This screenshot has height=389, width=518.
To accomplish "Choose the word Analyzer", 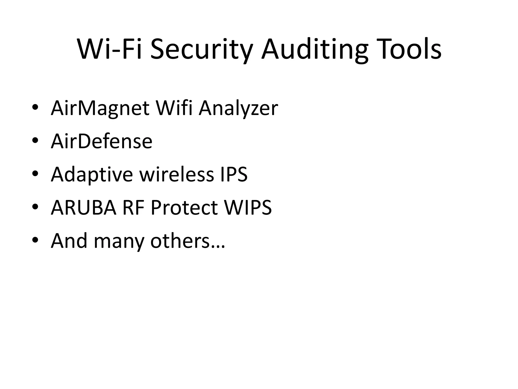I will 238,108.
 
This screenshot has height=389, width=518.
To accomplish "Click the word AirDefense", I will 101,141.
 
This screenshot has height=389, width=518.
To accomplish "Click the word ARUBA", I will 84,208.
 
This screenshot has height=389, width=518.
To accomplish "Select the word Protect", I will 184,208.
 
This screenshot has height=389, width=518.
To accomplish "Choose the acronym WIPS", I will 248,208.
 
